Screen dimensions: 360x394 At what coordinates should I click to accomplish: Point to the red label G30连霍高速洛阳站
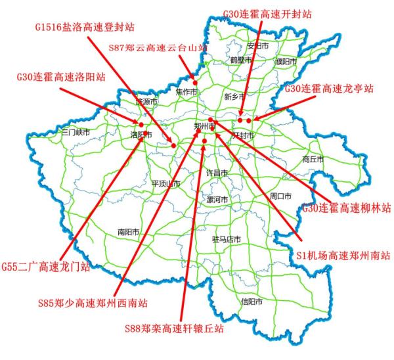tap(60, 77)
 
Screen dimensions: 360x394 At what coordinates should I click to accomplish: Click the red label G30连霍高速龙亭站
tap(329, 88)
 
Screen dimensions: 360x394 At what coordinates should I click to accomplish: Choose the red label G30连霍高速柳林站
tap(346, 208)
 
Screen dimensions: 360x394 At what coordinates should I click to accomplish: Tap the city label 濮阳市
tap(286, 62)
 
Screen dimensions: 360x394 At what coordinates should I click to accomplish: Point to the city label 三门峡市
tap(75, 132)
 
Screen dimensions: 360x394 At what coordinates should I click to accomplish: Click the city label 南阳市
tap(129, 231)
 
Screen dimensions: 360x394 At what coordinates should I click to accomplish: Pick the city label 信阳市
tap(252, 302)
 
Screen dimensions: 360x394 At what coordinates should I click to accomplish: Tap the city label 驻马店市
tap(227, 239)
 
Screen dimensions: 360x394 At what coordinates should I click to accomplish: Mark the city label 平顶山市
tap(165, 184)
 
